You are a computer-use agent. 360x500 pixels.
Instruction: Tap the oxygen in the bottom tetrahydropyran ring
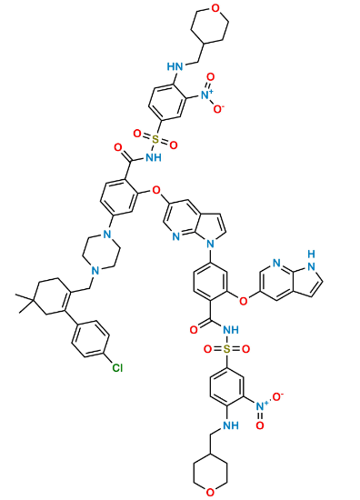coord(211,491)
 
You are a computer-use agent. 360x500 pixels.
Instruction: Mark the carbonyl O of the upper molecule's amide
coord(117,145)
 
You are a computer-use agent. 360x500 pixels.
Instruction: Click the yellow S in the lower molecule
coord(226,349)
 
